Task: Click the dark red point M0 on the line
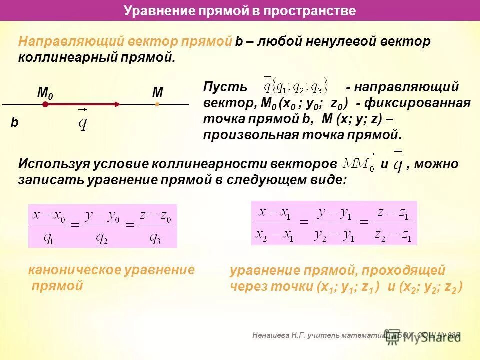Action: click(45, 105)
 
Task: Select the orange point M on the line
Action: click(157, 104)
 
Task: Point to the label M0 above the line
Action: click(45, 93)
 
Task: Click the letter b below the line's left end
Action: click(14, 123)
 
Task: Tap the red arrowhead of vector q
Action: click(116, 104)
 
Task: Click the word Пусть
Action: click(225, 87)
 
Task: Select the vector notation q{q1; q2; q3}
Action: click(295, 86)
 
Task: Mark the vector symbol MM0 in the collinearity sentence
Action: click(359, 163)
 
